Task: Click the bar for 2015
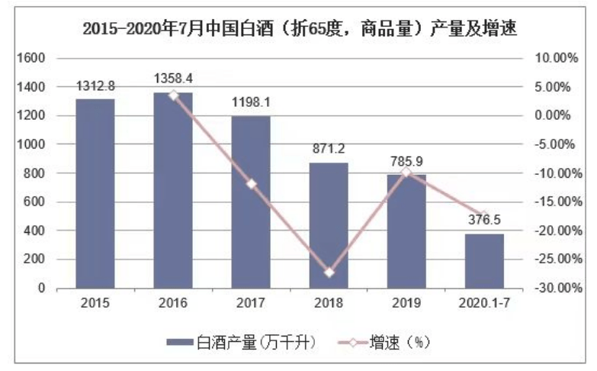[x=95, y=194]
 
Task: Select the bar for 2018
[x=329, y=226]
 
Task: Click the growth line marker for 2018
[x=329, y=273]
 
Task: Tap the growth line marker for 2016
[x=173, y=95]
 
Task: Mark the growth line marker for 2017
[x=251, y=184]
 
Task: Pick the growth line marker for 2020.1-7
[x=484, y=215]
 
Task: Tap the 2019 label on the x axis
[x=406, y=303]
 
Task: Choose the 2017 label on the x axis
[x=251, y=303]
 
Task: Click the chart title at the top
[x=299, y=29]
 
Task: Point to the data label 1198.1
[x=251, y=102]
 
